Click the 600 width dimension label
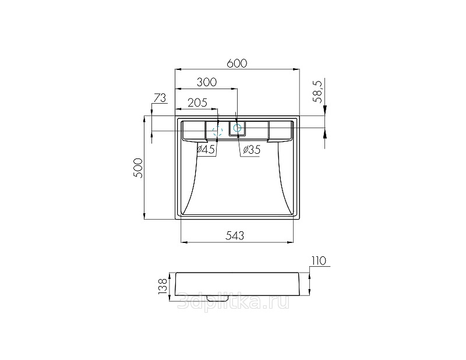pos(237,63)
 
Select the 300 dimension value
pos(207,82)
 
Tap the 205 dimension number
pos(197,103)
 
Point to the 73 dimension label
pos(160,98)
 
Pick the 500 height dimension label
pos(139,168)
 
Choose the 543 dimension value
pos(235,235)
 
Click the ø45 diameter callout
pos(206,149)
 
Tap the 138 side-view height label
pos(163,286)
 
